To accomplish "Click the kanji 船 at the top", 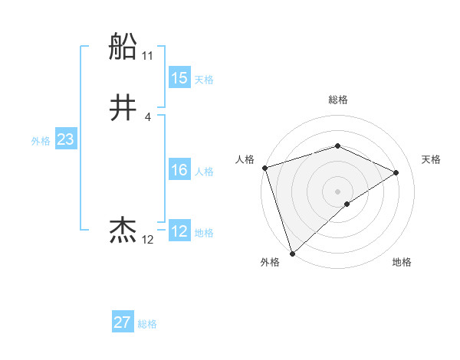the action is (x=123, y=47).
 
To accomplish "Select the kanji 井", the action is (x=123, y=108).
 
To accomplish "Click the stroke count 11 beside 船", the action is (x=148, y=56).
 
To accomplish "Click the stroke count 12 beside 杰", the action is (x=148, y=240).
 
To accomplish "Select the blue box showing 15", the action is (x=179, y=78).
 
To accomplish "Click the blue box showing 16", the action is (x=179, y=170).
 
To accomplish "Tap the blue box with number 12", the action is (x=179, y=231).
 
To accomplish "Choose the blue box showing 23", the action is (x=65, y=139).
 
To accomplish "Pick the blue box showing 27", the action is (x=123, y=322).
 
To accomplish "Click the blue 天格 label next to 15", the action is (x=203, y=80).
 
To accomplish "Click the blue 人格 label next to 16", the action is (x=203, y=172).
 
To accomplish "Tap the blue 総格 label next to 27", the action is (x=147, y=324).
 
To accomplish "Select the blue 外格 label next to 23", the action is (x=41, y=141).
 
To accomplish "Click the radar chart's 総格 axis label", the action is (x=337, y=100).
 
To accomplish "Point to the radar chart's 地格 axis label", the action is (x=402, y=262).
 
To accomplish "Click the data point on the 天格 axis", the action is (x=396, y=172).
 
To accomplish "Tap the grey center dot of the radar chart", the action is (x=337, y=191).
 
